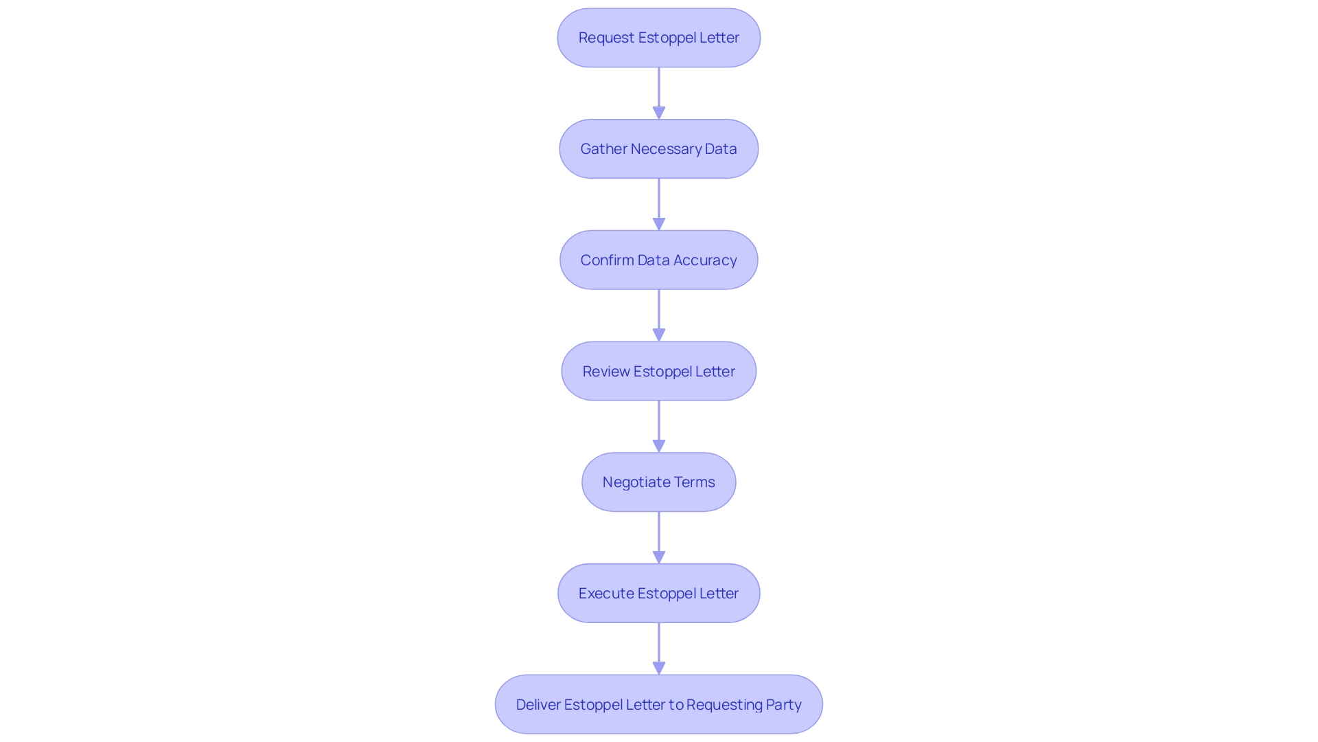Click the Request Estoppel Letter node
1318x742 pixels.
coord(658,38)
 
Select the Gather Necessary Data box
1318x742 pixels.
coord(658,149)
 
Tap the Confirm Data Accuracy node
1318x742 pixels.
coord(658,260)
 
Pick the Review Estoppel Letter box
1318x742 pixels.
coord(658,372)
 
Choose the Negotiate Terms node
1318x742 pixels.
coord(658,482)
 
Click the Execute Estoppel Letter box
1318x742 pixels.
coord(658,594)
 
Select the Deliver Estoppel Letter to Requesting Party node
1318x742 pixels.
coord(658,704)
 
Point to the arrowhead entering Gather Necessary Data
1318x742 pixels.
coord(659,113)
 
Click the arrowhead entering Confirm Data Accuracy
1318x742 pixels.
coord(659,224)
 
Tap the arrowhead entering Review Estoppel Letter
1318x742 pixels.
coord(659,335)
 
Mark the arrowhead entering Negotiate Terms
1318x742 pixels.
coord(659,446)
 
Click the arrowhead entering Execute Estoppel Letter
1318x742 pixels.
coord(659,557)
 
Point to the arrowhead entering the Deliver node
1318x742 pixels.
coord(659,668)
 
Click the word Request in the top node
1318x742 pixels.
coord(606,38)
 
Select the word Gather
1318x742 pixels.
coord(603,149)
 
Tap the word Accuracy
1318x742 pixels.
coord(705,260)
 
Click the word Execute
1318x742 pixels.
coord(605,594)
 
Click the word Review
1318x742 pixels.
coord(606,372)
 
